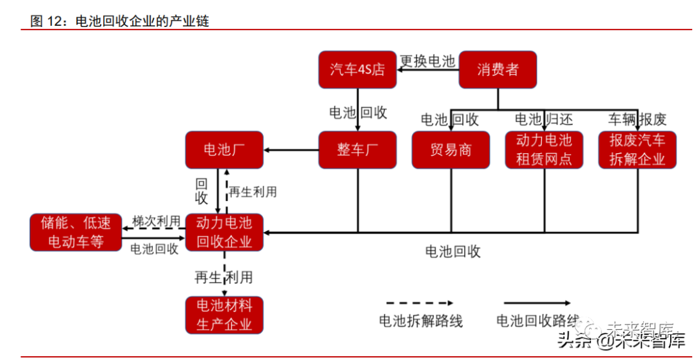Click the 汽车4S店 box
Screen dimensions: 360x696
(x=357, y=70)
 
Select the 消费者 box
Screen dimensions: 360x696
(x=498, y=70)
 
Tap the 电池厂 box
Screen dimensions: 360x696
(x=224, y=150)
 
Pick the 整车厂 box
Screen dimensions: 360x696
(x=357, y=150)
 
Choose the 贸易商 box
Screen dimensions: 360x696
(x=450, y=150)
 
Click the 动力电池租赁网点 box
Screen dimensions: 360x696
(x=544, y=150)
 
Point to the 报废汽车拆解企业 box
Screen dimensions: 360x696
(x=637, y=150)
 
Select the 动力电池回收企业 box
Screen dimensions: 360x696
(x=224, y=232)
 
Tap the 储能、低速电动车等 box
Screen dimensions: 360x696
(x=76, y=232)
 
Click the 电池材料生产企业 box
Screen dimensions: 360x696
(x=224, y=315)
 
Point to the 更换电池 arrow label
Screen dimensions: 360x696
(x=427, y=61)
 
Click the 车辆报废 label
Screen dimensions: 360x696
(x=637, y=119)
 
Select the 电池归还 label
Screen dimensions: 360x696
(x=543, y=119)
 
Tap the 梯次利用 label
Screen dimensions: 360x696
(x=156, y=221)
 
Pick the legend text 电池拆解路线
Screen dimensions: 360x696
(x=420, y=321)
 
